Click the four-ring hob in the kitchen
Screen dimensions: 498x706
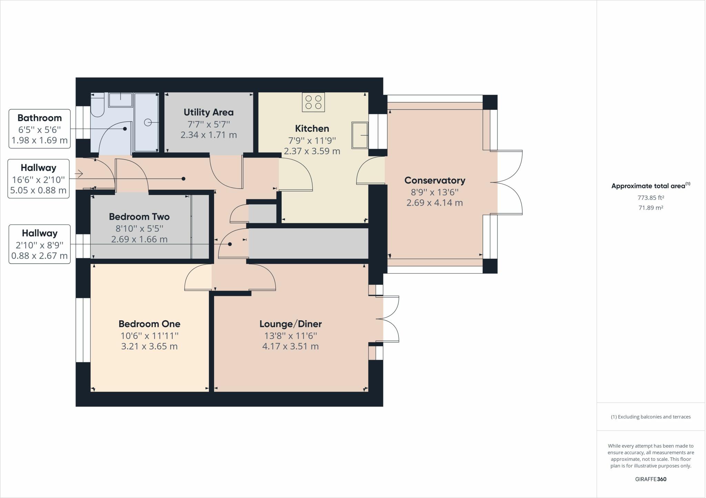point(313,102)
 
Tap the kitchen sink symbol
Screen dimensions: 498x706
point(360,135)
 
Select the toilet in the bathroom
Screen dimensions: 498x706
point(98,105)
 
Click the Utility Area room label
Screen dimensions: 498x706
point(209,112)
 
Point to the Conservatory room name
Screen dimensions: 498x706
point(435,180)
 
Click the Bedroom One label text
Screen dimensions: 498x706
point(149,324)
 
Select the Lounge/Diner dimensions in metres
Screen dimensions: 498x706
point(290,346)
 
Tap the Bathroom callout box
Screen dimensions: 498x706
point(40,129)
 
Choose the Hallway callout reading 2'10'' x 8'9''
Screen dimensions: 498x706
point(39,244)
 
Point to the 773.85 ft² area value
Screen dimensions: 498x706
point(650,198)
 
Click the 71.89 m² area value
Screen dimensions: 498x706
point(650,208)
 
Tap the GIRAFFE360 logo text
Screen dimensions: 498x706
point(650,479)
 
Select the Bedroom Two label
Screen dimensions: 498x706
point(139,217)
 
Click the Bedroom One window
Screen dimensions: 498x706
point(83,330)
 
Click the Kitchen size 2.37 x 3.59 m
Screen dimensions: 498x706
point(312,151)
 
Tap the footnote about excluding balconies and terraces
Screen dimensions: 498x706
point(650,417)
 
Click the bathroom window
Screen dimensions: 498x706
point(83,122)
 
